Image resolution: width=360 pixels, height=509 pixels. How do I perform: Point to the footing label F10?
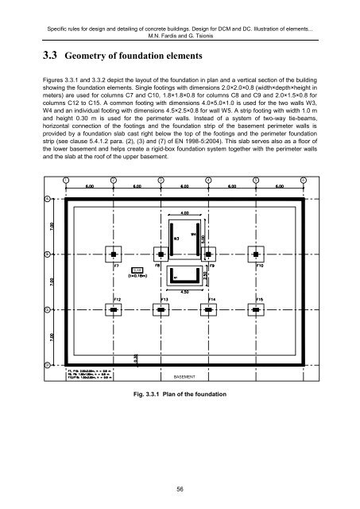[x=260, y=265]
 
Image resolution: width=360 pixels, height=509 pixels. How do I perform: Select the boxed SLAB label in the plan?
[x=137, y=271]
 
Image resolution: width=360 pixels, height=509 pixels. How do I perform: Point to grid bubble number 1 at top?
[x=66, y=181]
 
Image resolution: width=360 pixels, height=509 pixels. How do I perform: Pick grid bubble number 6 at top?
[x=304, y=181]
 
